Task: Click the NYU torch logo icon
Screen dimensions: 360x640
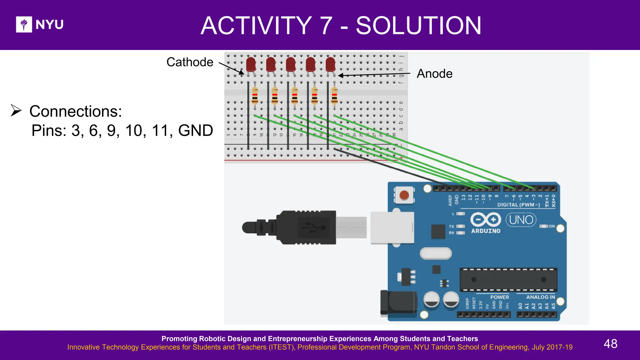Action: [x=24, y=24]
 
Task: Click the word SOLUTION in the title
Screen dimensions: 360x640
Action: [x=418, y=26]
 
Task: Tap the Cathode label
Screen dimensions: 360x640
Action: [x=190, y=62]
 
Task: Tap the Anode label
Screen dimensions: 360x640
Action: [x=434, y=74]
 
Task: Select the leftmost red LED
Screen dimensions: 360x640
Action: [x=251, y=64]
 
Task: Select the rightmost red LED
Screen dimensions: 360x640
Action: [x=330, y=64]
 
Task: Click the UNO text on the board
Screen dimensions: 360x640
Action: [x=521, y=220]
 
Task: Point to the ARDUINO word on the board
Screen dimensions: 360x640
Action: [x=486, y=231]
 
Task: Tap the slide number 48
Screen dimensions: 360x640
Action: [x=610, y=344]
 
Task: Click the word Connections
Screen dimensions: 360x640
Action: [x=76, y=111]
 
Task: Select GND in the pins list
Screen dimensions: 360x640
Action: [x=195, y=130]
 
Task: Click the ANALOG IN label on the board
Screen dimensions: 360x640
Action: [x=540, y=297]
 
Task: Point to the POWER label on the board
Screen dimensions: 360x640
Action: [x=499, y=297]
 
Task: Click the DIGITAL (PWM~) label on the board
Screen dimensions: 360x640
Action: [x=518, y=205]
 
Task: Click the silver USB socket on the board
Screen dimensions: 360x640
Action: [x=392, y=227]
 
